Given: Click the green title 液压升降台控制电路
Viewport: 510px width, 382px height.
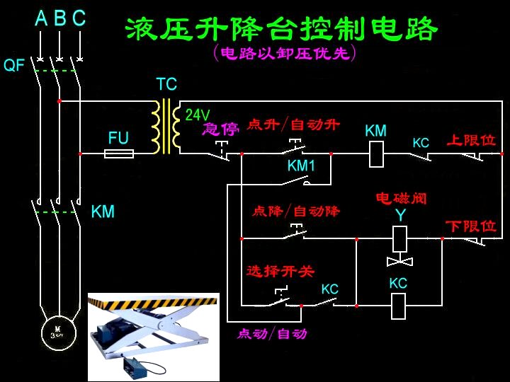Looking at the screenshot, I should (x=281, y=29).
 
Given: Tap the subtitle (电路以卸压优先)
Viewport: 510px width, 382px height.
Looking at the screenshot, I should (x=284, y=54).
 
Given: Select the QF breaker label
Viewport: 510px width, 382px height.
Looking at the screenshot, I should (x=14, y=66).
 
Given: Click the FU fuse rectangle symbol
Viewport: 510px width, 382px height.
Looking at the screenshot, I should (x=118, y=153).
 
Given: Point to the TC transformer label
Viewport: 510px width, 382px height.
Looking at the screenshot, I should (x=166, y=85).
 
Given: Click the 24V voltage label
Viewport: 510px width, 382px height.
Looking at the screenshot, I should (x=198, y=115).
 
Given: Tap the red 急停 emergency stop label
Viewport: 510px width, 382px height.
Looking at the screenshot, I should (x=220, y=129).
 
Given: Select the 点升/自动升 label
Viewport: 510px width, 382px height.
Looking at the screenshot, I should (x=293, y=125).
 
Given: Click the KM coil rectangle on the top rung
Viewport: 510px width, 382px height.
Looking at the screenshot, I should (x=377, y=154).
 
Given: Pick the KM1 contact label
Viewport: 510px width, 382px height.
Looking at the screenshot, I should (x=301, y=166).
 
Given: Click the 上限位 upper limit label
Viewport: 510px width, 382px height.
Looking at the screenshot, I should (x=471, y=140).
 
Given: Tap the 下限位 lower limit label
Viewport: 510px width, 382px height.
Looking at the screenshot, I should (x=471, y=226).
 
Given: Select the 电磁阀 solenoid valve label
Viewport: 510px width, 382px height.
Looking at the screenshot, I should (x=402, y=199).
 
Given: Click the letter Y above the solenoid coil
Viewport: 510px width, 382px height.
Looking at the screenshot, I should (x=400, y=215).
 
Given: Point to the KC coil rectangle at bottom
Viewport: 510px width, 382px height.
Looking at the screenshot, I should (x=399, y=306).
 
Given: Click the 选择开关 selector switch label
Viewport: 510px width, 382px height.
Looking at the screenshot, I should (x=280, y=271).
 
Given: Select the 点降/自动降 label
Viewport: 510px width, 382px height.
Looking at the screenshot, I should (x=296, y=211).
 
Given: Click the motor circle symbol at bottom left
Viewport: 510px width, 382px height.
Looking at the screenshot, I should (x=55, y=330).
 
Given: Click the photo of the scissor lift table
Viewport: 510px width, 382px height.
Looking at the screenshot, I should (x=153, y=337).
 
